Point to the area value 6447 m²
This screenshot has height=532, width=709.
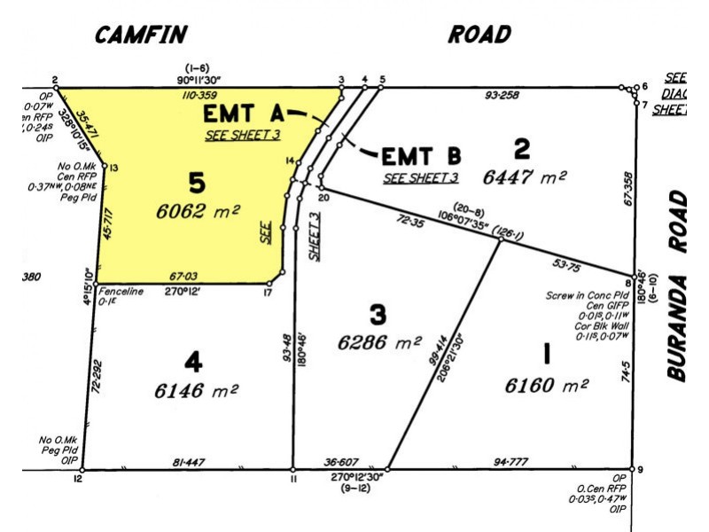click(x=525, y=176)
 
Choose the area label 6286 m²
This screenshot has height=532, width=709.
click(x=380, y=341)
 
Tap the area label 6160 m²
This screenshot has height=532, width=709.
click(x=547, y=386)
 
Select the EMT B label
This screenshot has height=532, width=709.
click(x=421, y=157)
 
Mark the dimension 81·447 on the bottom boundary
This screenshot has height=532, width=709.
click(x=190, y=462)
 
